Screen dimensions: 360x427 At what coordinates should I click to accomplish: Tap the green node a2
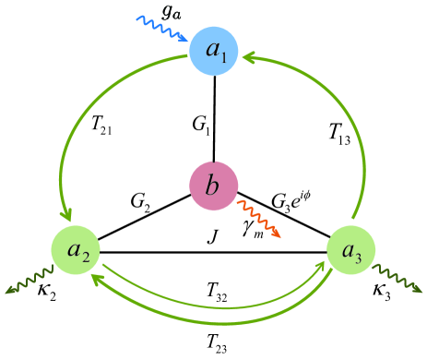click(76, 251)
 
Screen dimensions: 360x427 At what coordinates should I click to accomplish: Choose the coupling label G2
click(143, 200)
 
